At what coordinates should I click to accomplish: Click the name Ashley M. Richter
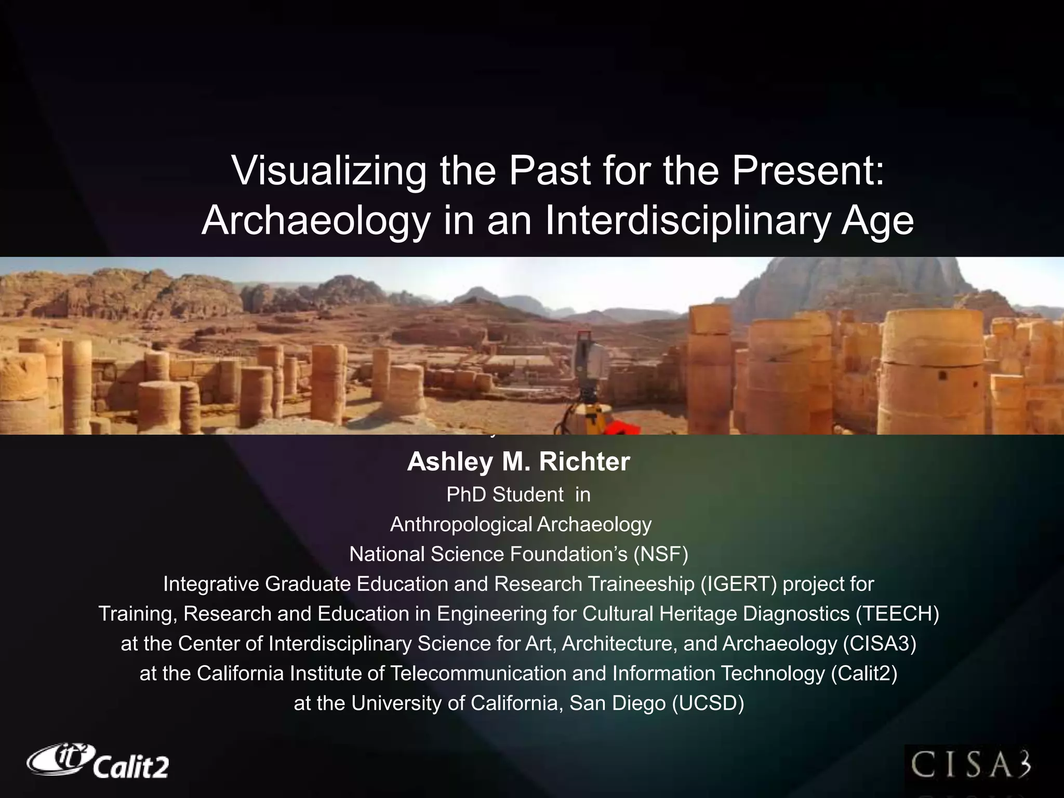(518, 461)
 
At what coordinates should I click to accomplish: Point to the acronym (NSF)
(661, 554)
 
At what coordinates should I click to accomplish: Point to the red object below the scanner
(621, 429)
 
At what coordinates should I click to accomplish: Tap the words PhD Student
(504, 495)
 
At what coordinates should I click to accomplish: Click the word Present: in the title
(808, 171)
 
